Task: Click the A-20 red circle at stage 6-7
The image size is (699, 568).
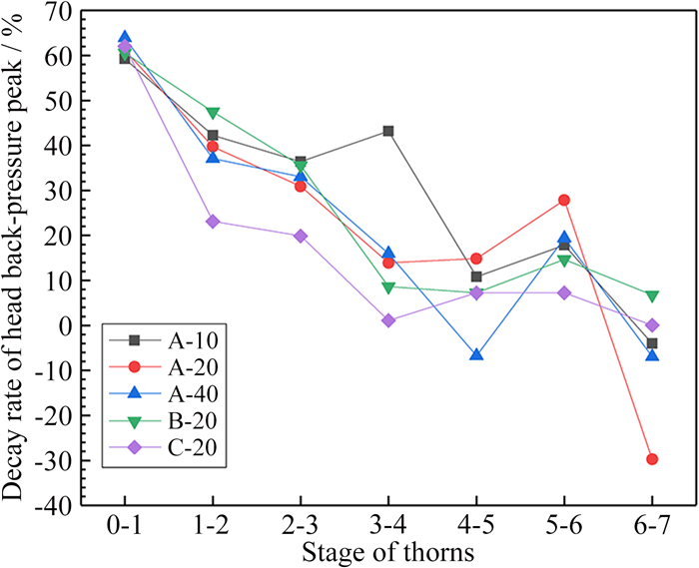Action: [x=652, y=459]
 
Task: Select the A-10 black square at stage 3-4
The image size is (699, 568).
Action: [x=388, y=131]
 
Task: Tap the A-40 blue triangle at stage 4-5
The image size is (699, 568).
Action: [x=476, y=354]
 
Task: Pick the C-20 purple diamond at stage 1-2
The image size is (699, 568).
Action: [x=213, y=222]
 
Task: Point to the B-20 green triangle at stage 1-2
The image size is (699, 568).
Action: [x=213, y=113]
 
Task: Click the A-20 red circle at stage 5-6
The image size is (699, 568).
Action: [x=564, y=200]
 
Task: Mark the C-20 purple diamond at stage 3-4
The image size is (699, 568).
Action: [x=388, y=320]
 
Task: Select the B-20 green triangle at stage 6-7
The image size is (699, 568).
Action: [x=652, y=296]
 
